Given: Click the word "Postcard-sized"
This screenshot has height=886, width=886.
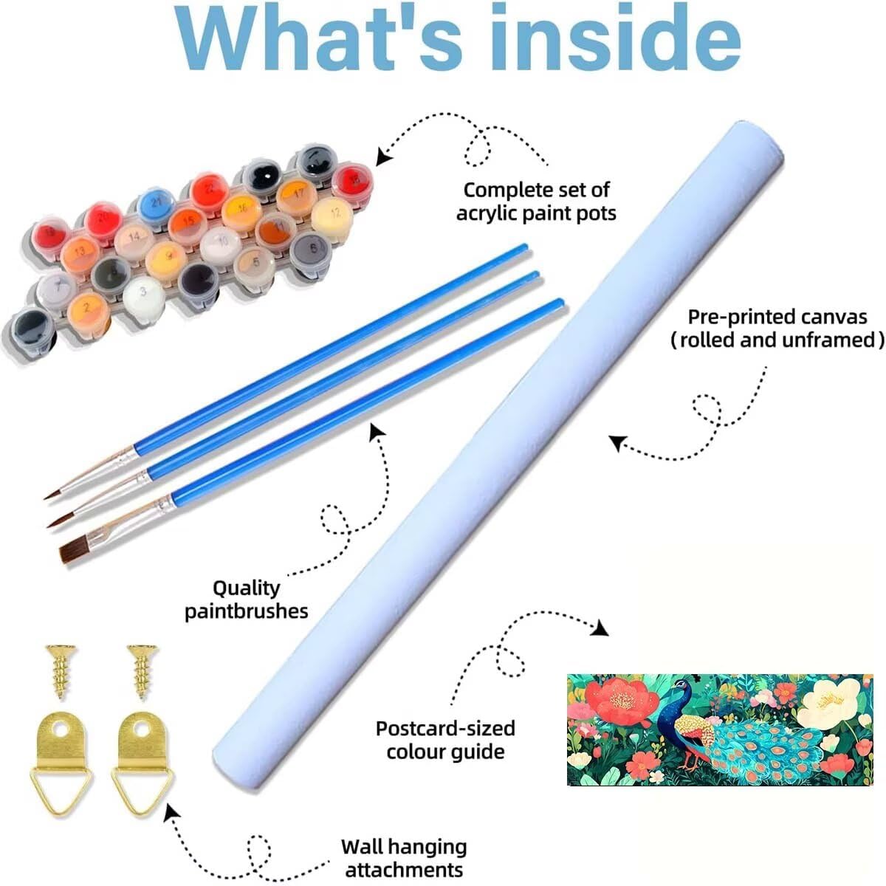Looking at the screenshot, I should [445, 728].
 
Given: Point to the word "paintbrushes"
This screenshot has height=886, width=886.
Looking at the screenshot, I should [247, 611].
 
